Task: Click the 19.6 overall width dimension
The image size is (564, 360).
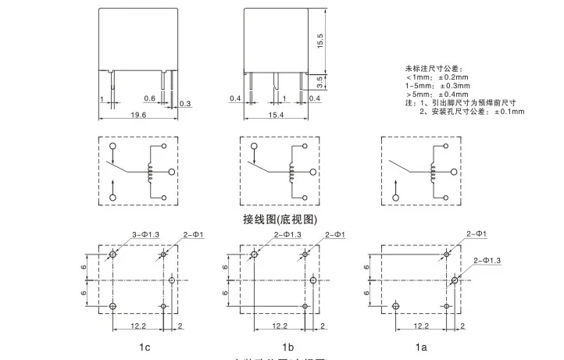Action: point(138,114)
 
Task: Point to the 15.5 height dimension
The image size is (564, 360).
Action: point(319,40)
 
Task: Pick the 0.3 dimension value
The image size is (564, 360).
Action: point(185,103)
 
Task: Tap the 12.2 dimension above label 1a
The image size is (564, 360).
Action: point(421,326)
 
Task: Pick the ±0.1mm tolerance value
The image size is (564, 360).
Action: point(509,112)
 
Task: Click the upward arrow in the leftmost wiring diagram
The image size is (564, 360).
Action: point(114,184)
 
